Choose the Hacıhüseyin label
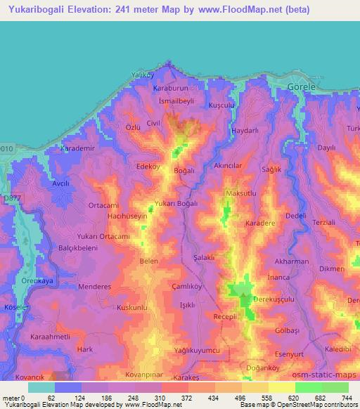pos(127,217)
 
